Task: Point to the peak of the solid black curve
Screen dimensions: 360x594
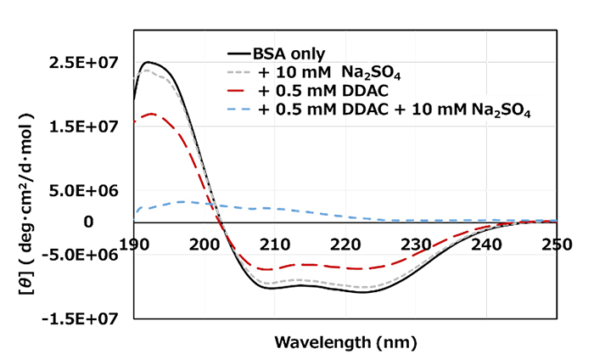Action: (x=148, y=62)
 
